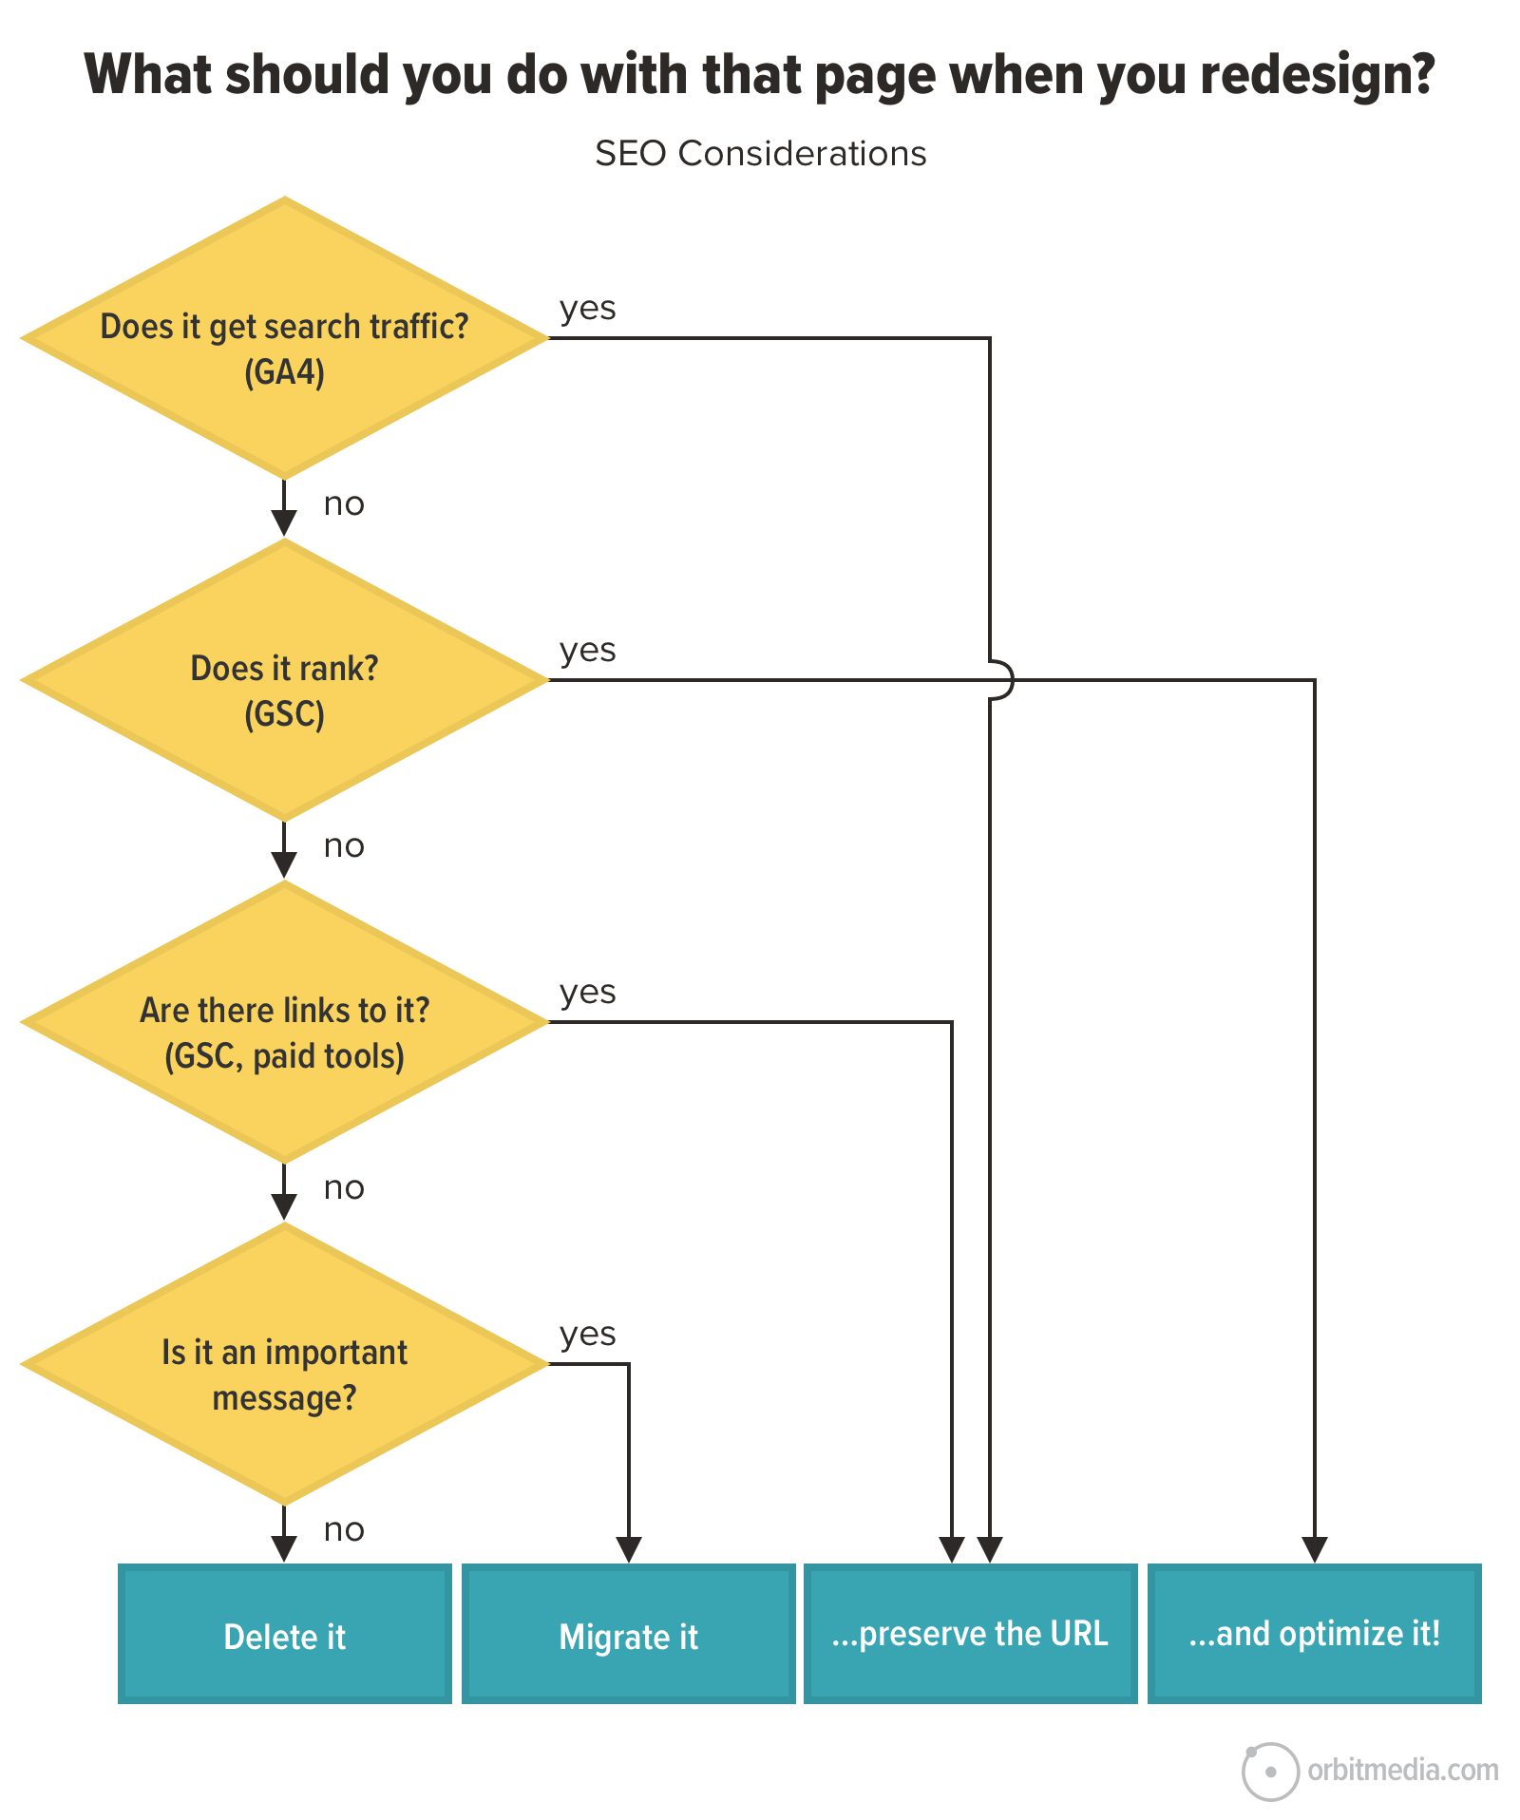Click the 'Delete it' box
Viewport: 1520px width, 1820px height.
(x=284, y=1635)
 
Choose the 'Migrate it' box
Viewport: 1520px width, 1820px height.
(x=628, y=1635)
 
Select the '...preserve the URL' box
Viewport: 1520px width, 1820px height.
(x=970, y=1635)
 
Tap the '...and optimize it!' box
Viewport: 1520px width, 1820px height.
(x=1314, y=1635)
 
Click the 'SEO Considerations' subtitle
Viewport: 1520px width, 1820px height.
(x=760, y=153)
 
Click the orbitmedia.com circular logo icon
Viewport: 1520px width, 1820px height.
(x=1270, y=1772)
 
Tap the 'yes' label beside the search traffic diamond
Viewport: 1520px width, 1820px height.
(x=587, y=308)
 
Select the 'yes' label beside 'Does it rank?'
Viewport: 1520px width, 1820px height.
(x=587, y=650)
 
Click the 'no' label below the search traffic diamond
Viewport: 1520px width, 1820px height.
(x=343, y=503)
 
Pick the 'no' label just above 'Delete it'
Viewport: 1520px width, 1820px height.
(x=343, y=1529)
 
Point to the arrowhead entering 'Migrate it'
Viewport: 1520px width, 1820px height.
(x=629, y=1549)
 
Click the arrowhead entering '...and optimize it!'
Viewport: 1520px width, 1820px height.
(x=1314, y=1549)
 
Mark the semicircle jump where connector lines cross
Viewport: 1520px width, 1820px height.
(x=1003, y=680)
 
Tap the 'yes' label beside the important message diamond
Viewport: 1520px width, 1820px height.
(x=587, y=1334)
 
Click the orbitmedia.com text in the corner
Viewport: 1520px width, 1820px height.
(x=1402, y=1771)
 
